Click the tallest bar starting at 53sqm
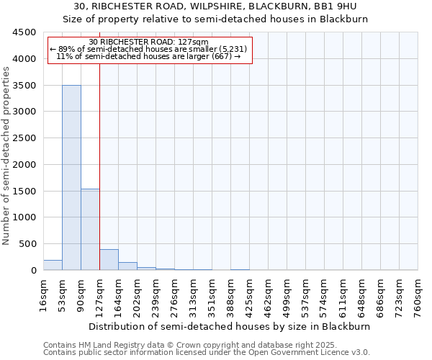[71, 177]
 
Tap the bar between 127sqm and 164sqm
[109, 259]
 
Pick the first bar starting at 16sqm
[53, 265]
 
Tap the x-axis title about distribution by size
[230, 326]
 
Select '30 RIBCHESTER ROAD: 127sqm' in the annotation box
[149, 42]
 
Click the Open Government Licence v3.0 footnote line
[207, 352]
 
